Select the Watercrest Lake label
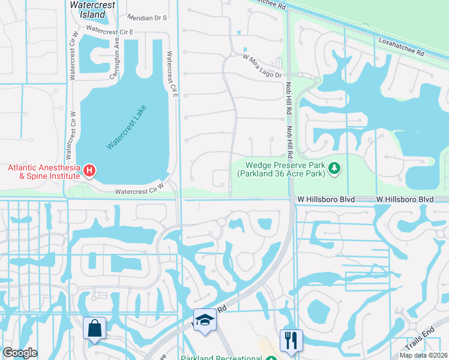pyautogui.click(x=127, y=127)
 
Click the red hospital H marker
pyautogui.click(x=89, y=171)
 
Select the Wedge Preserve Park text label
pyautogui.click(x=285, y=169)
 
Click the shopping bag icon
pyautogui.click(x=95, y=328)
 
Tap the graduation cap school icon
pyautogui.click(x=205, y=320)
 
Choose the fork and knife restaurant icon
pyautogui.click(x=291, y=340)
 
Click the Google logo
pyautogui.click(x=20, y=353)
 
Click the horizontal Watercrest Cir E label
pyautogui.click(x=110, y=29)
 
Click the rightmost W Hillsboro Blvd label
pyautogui.click(x=405, y=199)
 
